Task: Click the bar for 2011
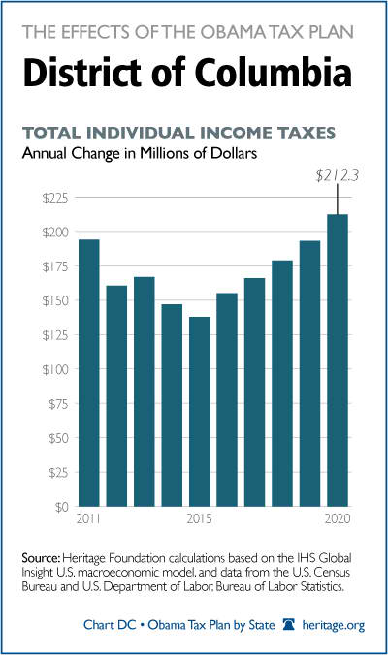89,373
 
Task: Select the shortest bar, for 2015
200,412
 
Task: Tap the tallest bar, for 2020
338,360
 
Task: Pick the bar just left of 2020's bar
309,373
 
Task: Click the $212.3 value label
337,176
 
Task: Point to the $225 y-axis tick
54,198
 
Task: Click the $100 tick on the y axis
54,369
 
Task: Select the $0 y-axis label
59,507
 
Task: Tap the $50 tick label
57,438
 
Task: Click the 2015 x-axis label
200,518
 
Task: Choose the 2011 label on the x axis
88,518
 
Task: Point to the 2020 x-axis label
338,518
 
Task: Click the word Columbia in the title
273,72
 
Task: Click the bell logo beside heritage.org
288,625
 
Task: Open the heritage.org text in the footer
334,625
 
